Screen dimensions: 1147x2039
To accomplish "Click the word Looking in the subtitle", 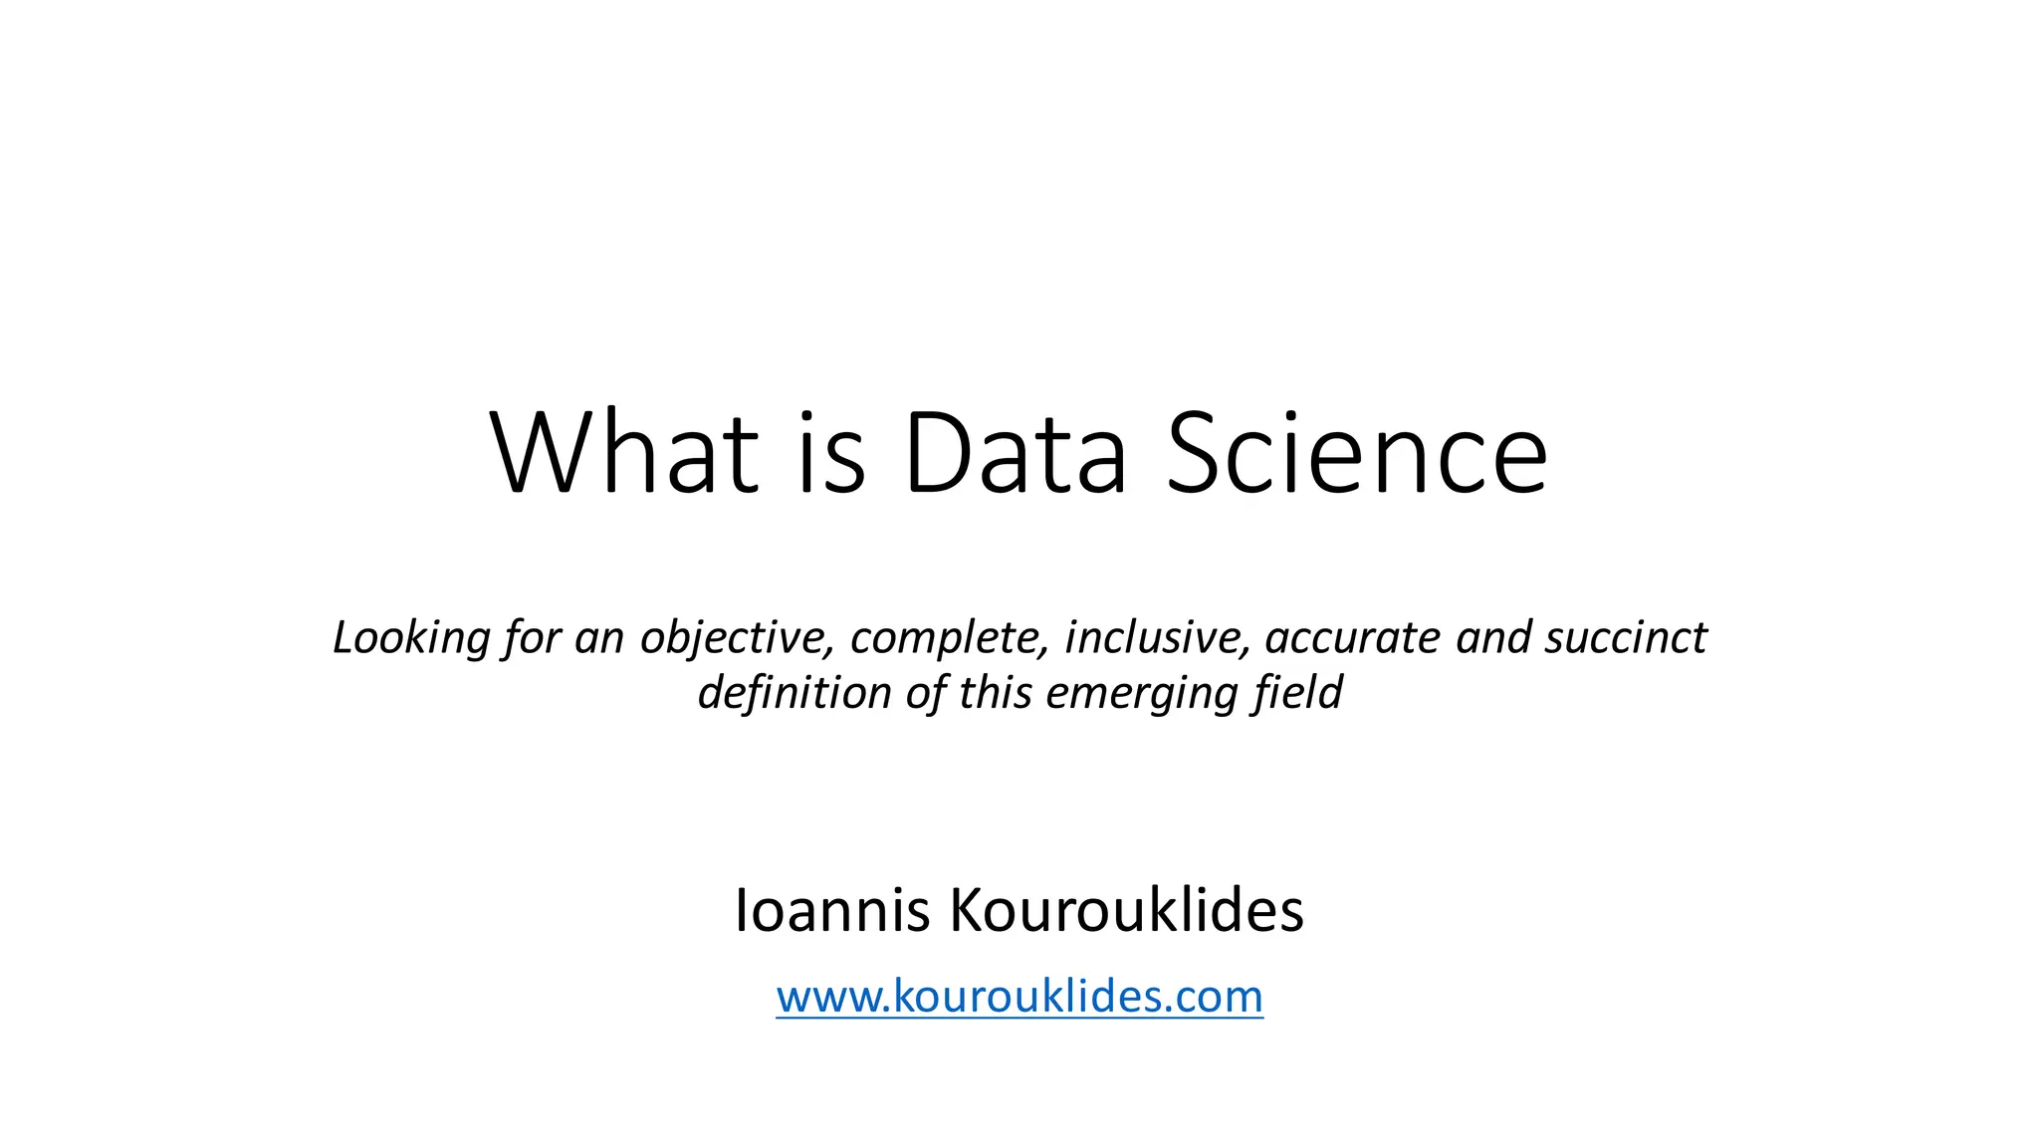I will click(411, 638).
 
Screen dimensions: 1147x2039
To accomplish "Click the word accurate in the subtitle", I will click(1352, 638).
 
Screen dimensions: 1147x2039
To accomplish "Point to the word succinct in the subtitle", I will click(1626, 638).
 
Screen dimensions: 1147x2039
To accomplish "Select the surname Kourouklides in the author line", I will click(1126, 910).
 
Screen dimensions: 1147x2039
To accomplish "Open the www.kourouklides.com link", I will click(1019, 997).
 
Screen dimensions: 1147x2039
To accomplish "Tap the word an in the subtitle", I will click(599, 638).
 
